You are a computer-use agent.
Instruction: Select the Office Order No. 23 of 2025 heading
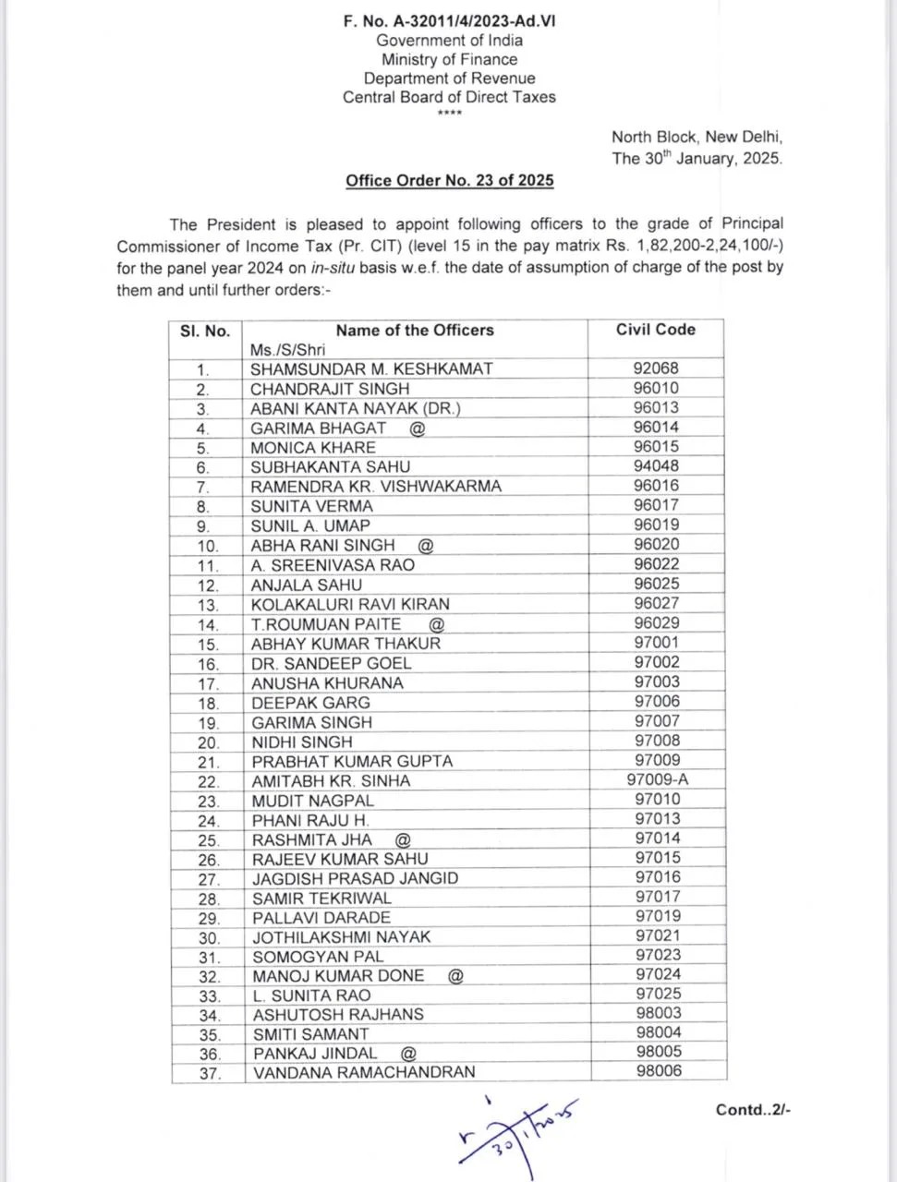450,180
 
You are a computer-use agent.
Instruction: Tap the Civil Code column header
656,330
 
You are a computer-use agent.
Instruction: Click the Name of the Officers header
415,331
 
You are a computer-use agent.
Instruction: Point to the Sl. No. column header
205,331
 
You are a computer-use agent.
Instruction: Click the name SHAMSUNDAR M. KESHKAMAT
371,368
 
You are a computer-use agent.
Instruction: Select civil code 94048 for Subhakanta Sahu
656,466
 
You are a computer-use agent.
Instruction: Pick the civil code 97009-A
657,779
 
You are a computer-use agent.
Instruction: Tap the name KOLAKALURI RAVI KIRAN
350,604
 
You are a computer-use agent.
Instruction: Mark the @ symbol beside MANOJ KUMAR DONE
455,975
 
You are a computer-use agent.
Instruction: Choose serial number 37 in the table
209,1074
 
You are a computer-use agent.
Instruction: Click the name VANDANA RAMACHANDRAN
364,1072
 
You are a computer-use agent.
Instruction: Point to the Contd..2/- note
753,1110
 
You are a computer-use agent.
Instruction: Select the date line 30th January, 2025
697,158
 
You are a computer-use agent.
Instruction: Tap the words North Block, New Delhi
697,137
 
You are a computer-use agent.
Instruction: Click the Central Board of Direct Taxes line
449,97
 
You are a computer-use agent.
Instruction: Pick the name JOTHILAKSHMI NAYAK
342,936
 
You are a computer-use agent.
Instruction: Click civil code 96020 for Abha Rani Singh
656,545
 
